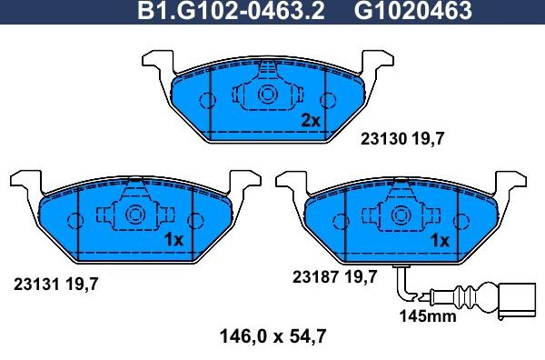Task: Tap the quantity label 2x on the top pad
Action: [311, 120]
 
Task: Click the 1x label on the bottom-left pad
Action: [173, 240]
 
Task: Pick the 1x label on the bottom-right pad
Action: [441, 241]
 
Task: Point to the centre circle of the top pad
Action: [268, 95]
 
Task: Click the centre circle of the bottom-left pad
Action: [134, 215]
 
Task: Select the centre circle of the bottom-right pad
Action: [401, 215]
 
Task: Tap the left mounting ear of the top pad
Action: [156, 61]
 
